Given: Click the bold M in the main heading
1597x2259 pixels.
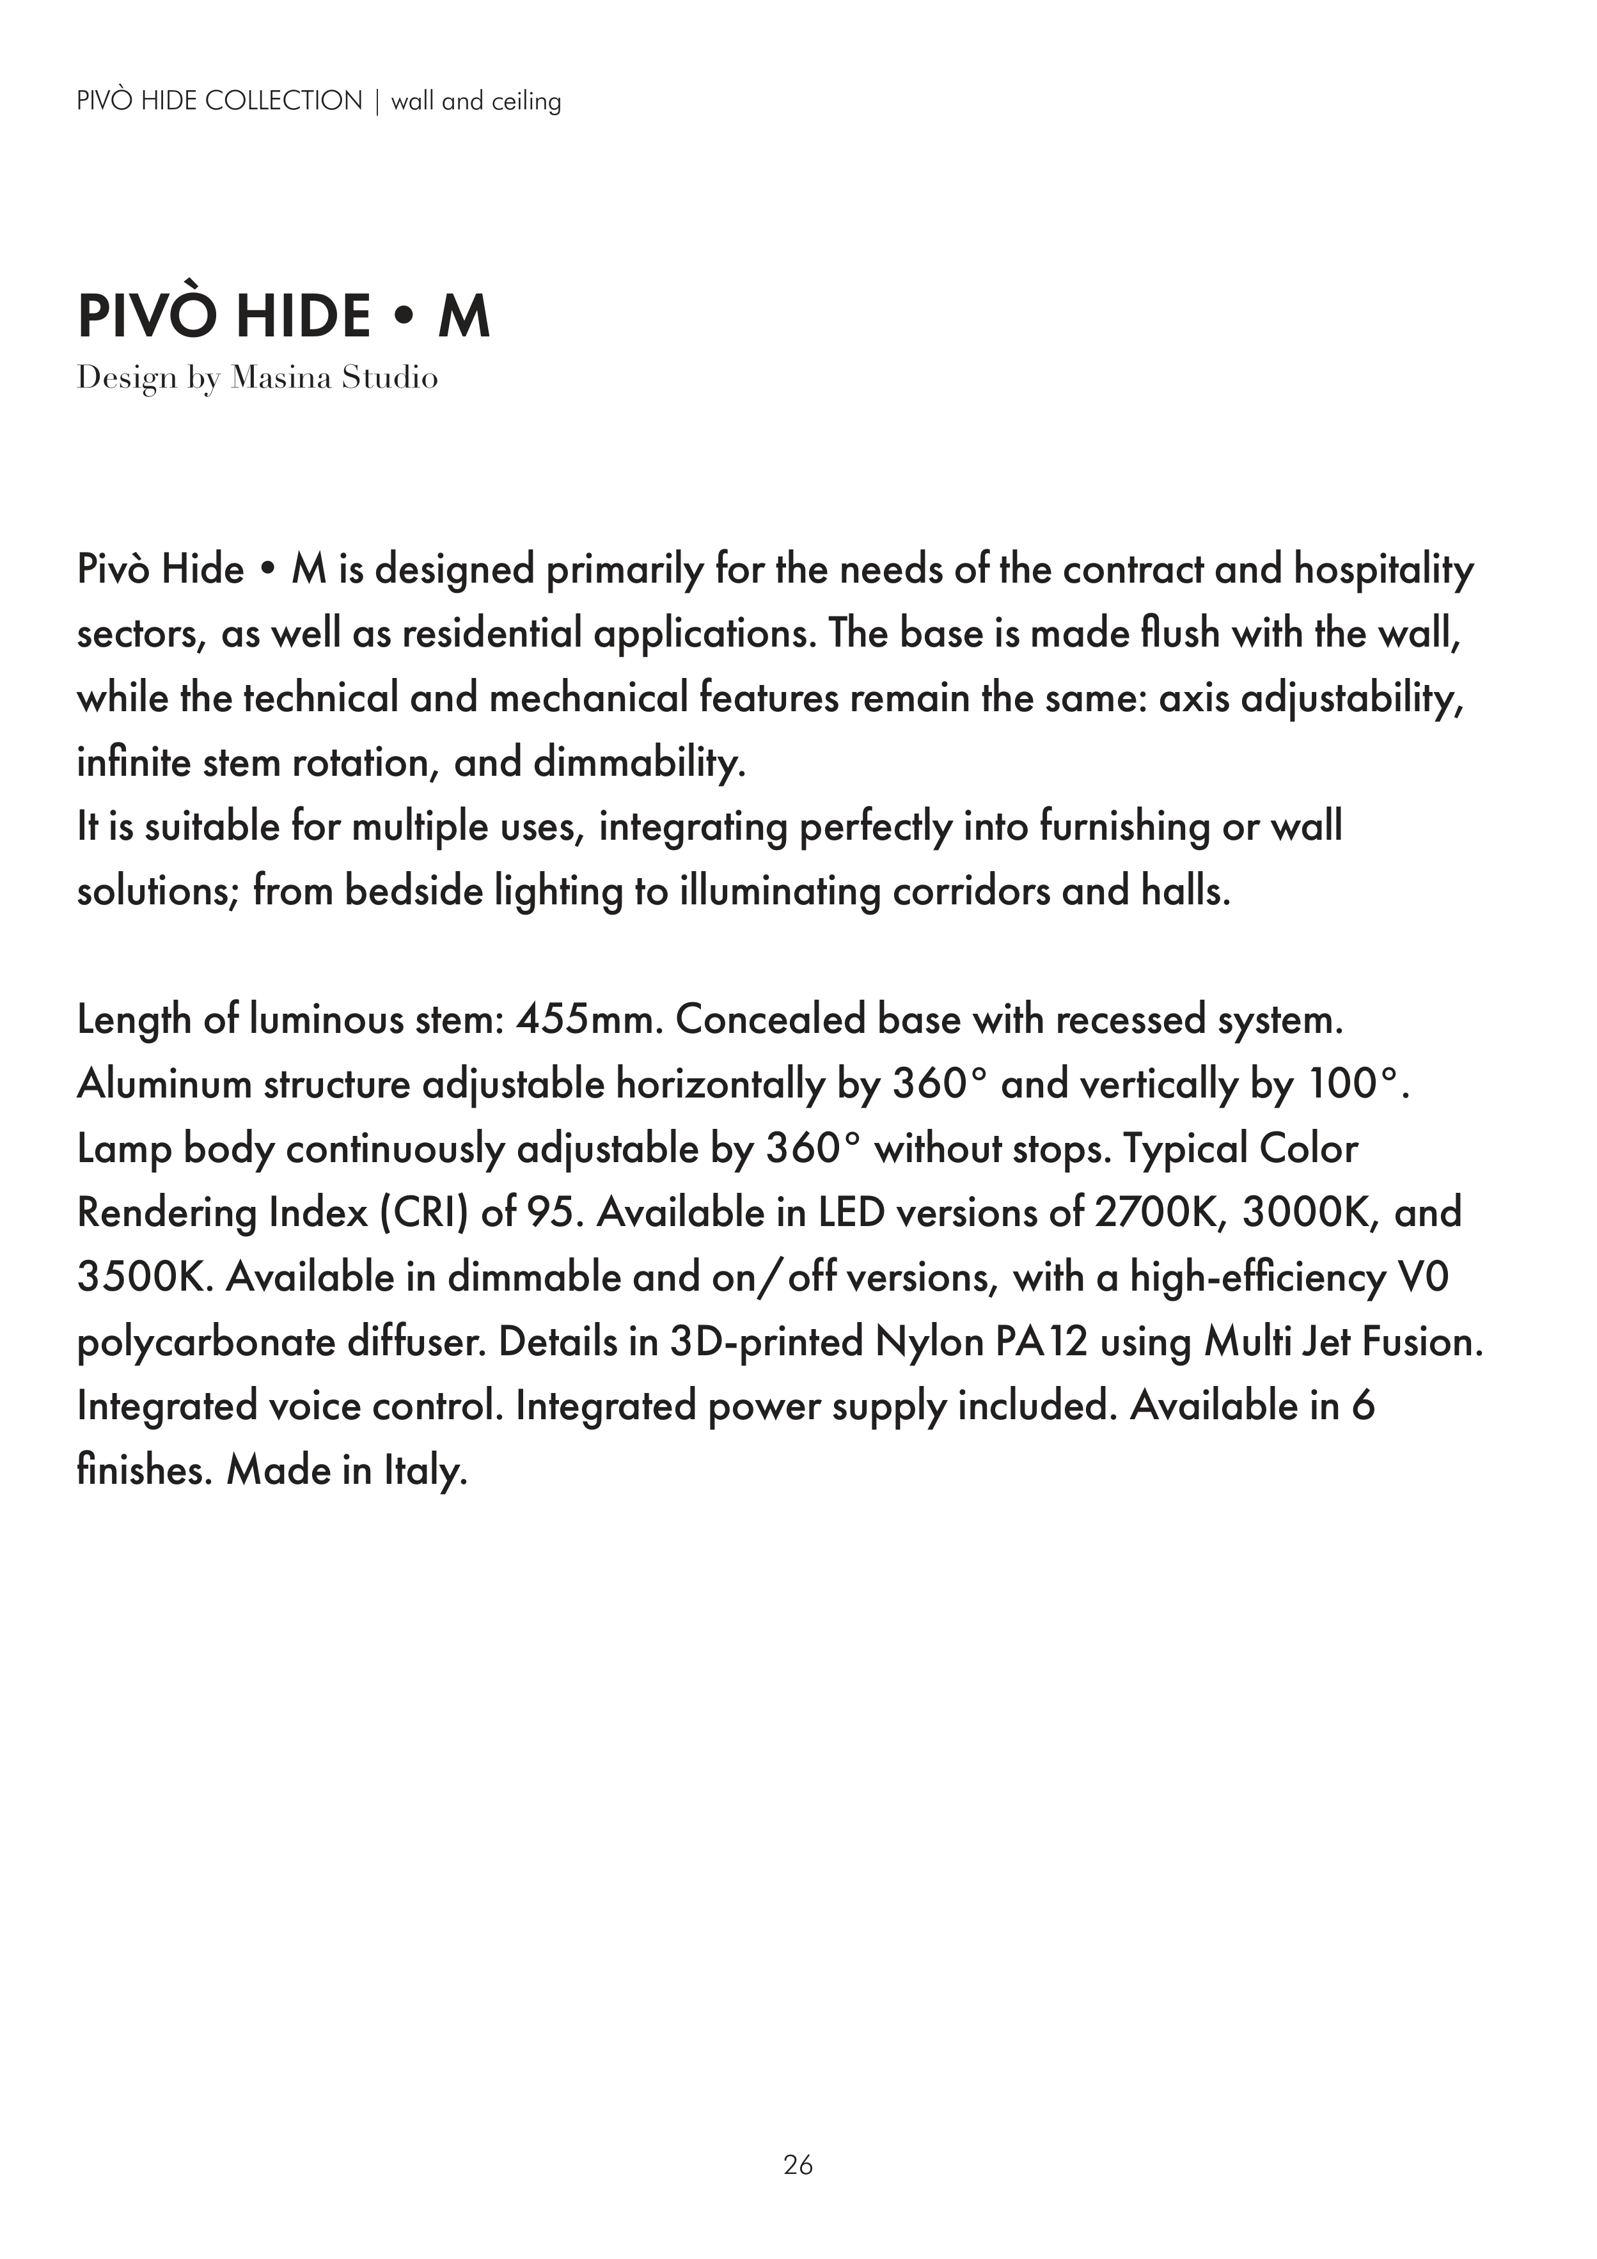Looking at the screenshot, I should point(464,317).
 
